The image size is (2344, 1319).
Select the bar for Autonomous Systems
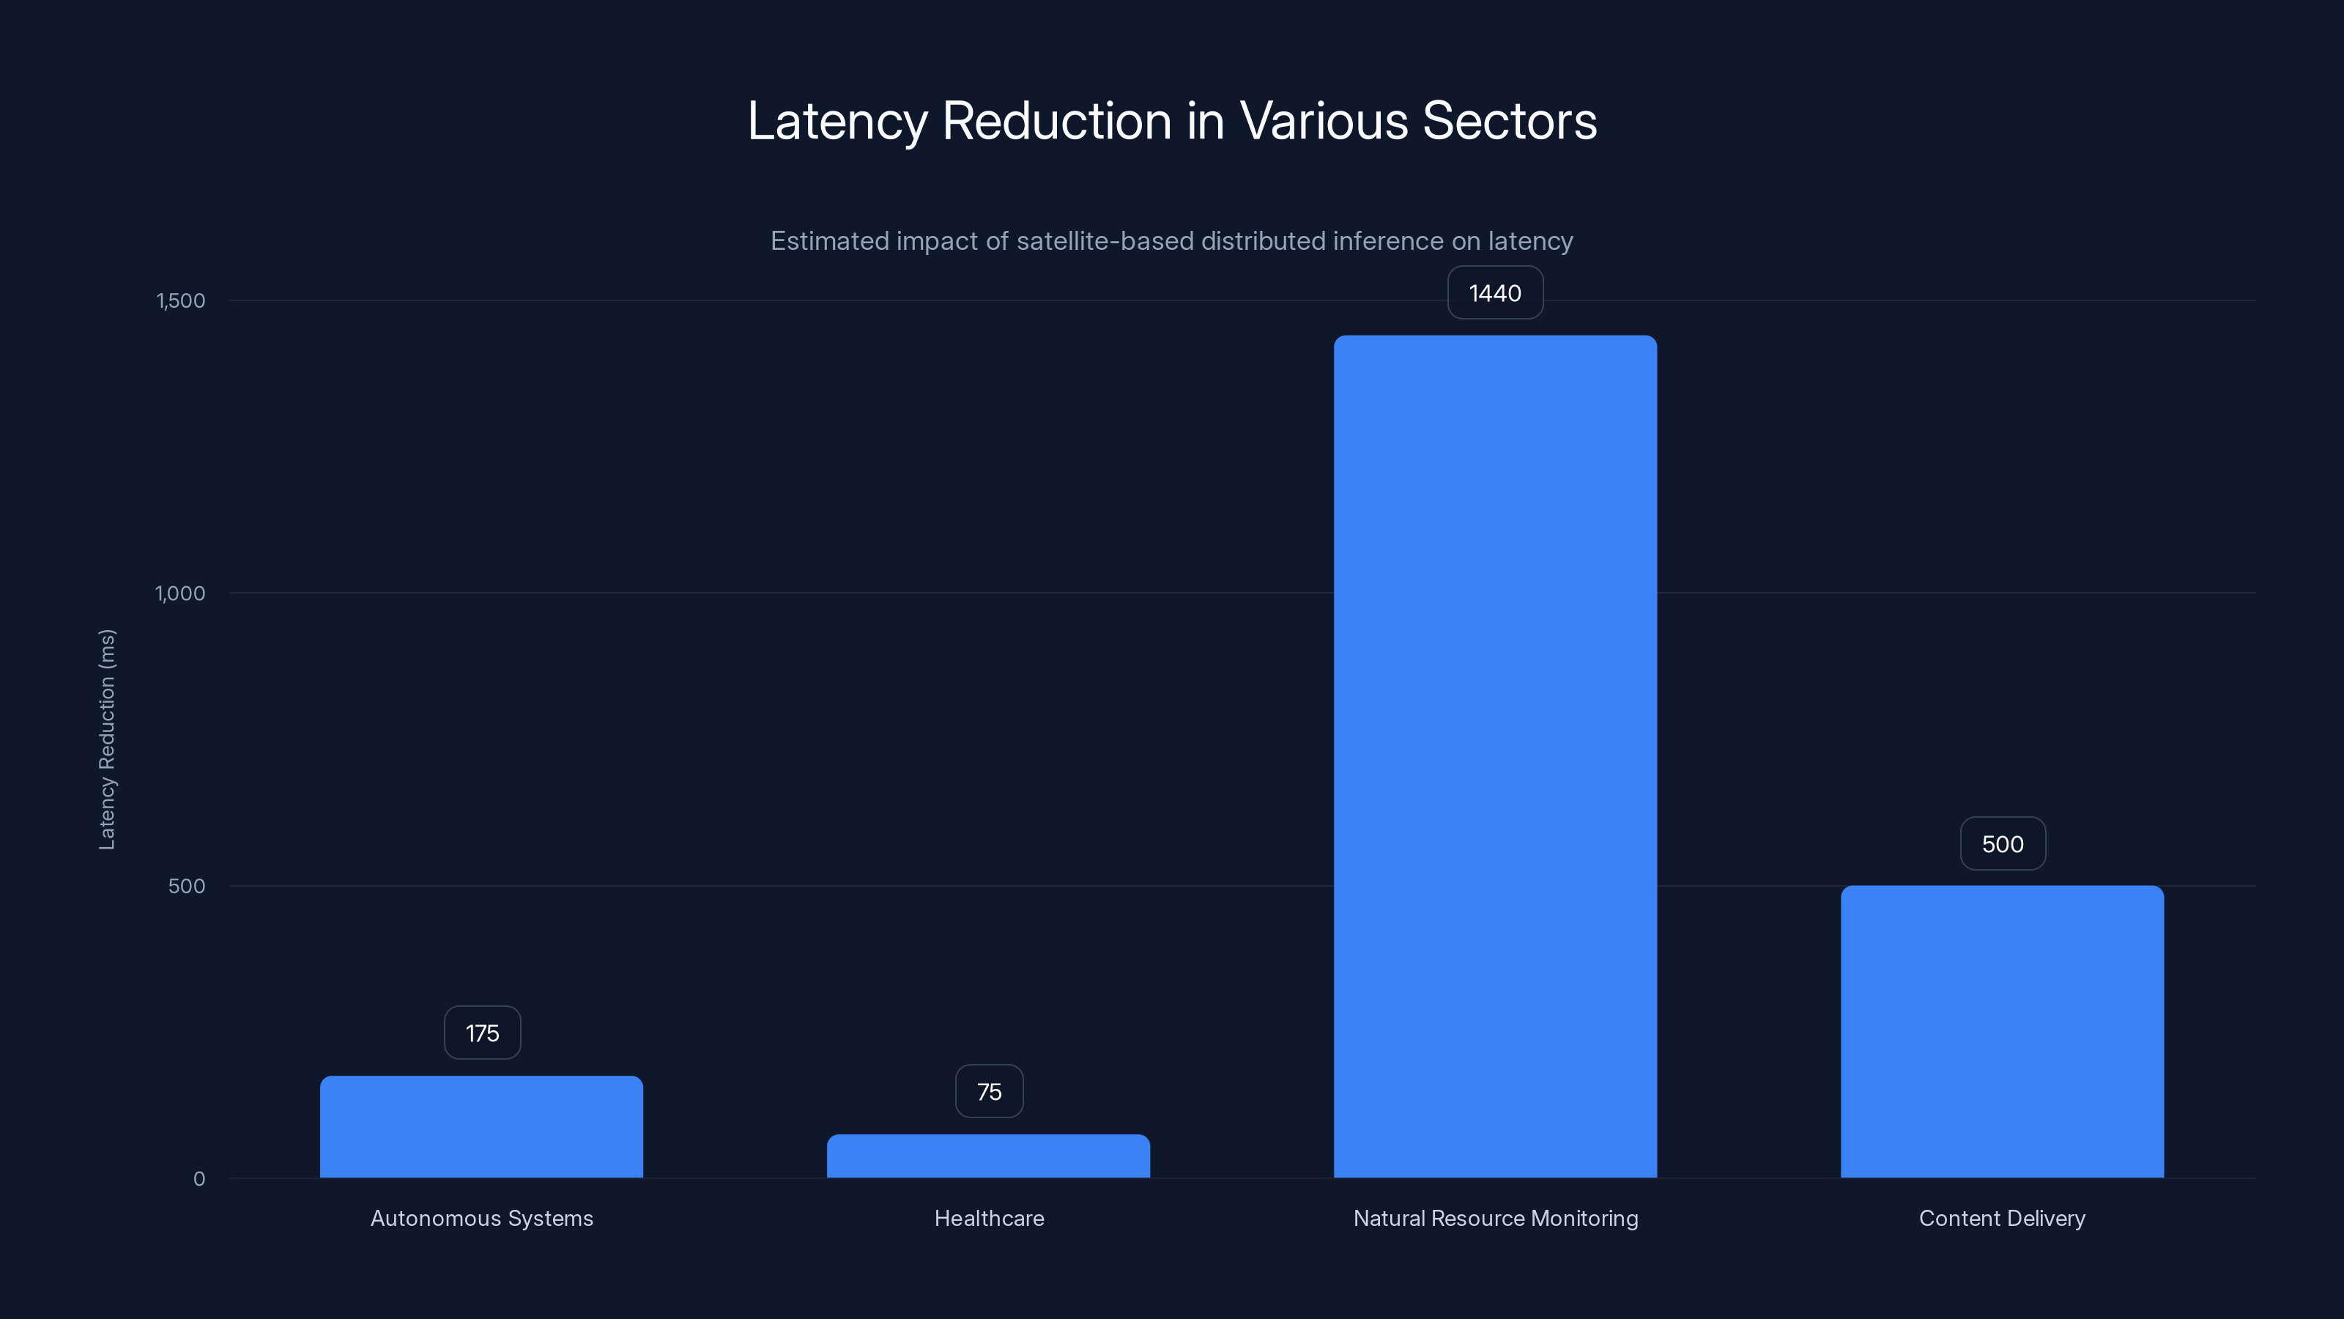[x=481, y=1127]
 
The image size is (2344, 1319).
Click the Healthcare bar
[x=988, y=1156]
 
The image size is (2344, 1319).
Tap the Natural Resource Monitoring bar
[x=1495, y=756]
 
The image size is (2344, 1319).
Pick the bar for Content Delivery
[x=2002, y=1031]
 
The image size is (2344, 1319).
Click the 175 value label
[x=482, y=1033]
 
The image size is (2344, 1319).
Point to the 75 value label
[x=989, y=1091]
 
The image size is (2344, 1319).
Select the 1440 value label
[x=1495, y=293]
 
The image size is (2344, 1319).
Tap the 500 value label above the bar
[x=2003, y=844]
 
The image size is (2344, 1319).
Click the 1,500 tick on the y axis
[x=181, y=300]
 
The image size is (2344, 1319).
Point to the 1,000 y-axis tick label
[x=180, y=594]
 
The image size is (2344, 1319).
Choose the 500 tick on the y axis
[x=187, y=886]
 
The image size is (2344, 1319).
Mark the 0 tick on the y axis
[x=199, y=1179]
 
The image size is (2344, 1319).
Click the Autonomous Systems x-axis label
[x=481, y=1218]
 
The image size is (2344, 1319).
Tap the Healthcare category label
[x=989, y=1218]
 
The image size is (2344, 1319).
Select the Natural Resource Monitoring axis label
[x=1495, y=1218]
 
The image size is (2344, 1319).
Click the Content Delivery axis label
[x=2002, y=1218]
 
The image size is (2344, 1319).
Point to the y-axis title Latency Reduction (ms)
[x=106, y=739]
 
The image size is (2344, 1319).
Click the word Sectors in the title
[x=1509, y=120]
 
